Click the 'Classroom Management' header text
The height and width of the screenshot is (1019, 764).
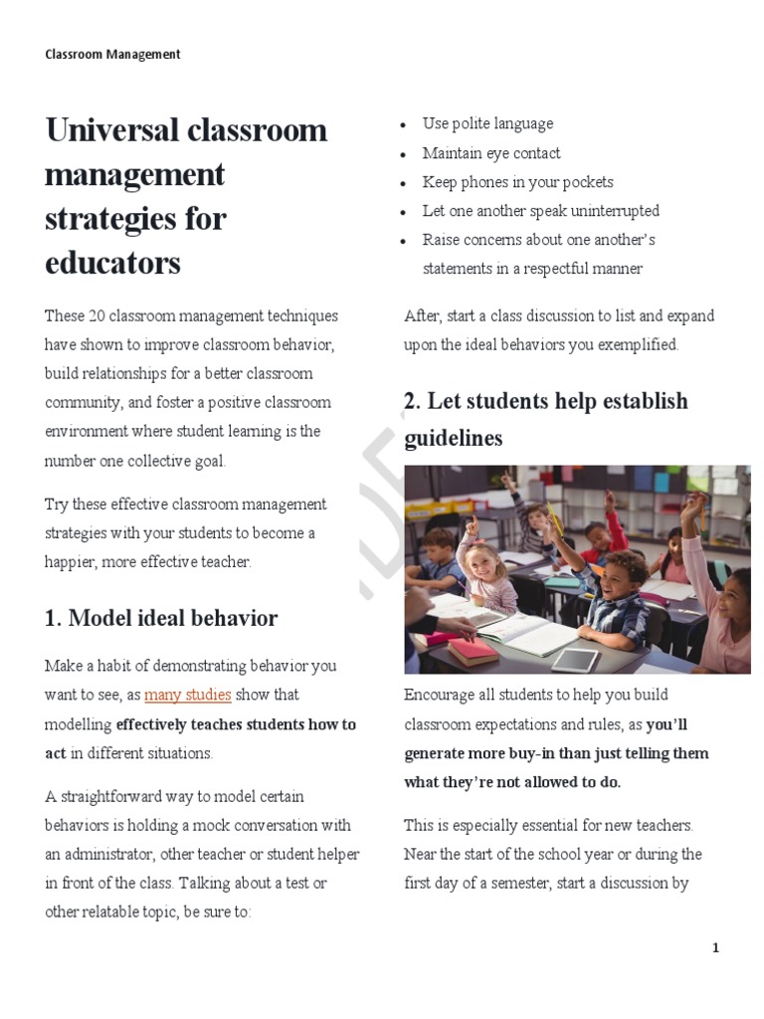pos(112,55)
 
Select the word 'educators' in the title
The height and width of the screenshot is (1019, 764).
pos(112,263)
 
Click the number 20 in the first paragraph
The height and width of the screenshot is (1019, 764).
pos(97,316)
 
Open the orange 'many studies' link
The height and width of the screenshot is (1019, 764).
pos(188,695)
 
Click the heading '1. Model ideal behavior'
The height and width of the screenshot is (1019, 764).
pos(161,618)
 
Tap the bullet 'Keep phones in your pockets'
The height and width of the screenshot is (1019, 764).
pos(517,182)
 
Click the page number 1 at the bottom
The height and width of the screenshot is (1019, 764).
pos(715,948)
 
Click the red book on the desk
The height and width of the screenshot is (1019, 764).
pos(474,651)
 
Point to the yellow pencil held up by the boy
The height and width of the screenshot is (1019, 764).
pos(554,517)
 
